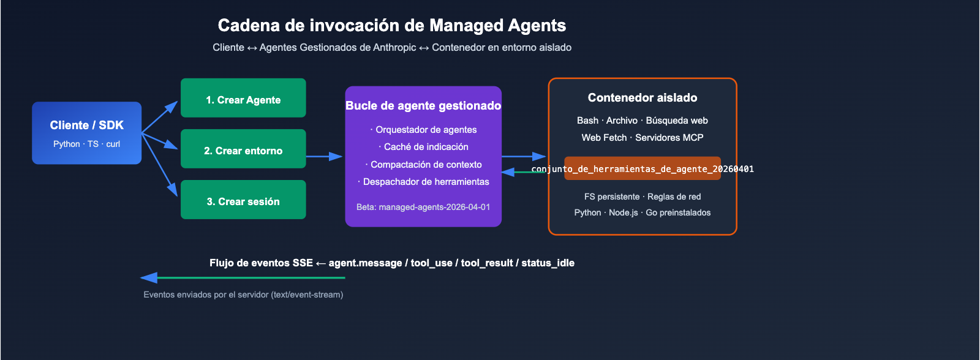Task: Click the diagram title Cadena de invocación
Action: [x=392, y=26]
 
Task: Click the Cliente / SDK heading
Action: [x=86, y=125]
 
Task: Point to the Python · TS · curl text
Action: [x=86, y=144]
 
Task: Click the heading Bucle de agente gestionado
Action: [x=423, y=105]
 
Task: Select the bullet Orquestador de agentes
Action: [x=426, y=130]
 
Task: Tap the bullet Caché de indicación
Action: [x=426, y=147]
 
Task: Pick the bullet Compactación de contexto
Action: [x=426, y=165]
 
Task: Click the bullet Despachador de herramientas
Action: [x=426, y=182]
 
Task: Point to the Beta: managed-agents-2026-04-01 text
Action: [x=423, y=207]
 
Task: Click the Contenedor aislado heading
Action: [x=643, y=97]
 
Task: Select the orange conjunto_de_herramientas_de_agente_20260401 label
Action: [x=643, y=168]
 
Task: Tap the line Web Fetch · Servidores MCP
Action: [x=643, y=138]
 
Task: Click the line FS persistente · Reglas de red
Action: [x=643, y=197]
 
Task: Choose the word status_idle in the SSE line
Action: [x=548, y=263]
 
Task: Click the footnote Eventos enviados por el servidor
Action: [x=243, y=294]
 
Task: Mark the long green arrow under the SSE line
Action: [x=245, y=278]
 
